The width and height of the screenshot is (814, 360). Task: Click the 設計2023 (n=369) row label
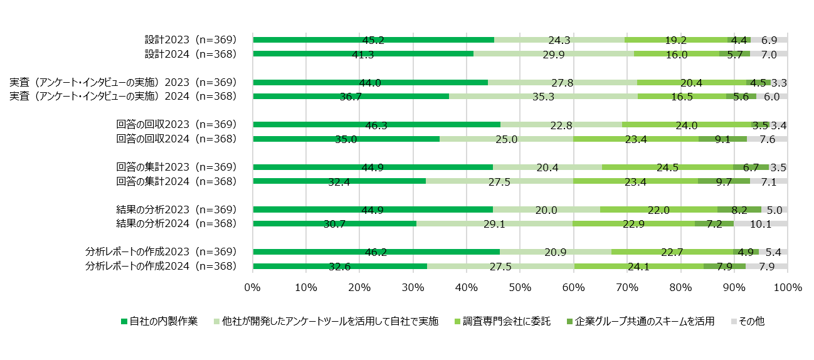pos(190,40)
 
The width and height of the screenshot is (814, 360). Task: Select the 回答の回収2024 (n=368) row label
pos(176,139)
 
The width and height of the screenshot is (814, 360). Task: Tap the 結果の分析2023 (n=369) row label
pos(176,209)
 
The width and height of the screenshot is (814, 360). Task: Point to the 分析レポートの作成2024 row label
pos(161,266)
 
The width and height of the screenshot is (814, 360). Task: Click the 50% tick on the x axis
pos(520,288)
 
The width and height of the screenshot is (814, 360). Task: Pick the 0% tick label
pos(252,288)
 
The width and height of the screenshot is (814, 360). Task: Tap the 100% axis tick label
pos(788,288)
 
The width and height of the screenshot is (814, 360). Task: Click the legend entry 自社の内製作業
pos(159,322)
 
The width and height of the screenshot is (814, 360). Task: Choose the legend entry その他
pos(748,322)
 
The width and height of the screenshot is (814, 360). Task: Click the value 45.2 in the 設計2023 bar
pos(373,40)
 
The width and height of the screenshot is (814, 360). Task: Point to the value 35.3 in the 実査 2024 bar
pos(543,97)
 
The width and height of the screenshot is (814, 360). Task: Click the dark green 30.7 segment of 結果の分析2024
pos(334,223)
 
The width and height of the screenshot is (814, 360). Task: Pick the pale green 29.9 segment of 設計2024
pos(553,54)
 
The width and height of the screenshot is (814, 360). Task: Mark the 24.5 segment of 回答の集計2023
pos(667,167)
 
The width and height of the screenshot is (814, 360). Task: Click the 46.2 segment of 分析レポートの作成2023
pos(376,251)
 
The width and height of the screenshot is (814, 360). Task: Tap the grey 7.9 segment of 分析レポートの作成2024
pos(766,266)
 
